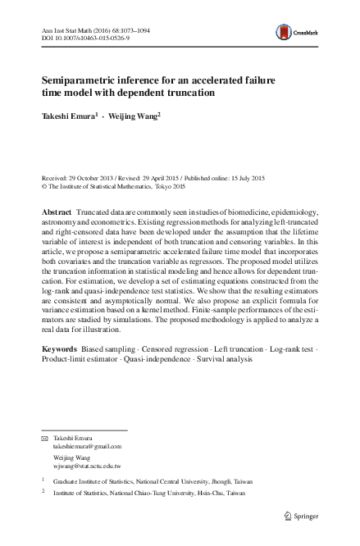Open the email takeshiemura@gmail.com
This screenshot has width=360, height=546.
point(87,447)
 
